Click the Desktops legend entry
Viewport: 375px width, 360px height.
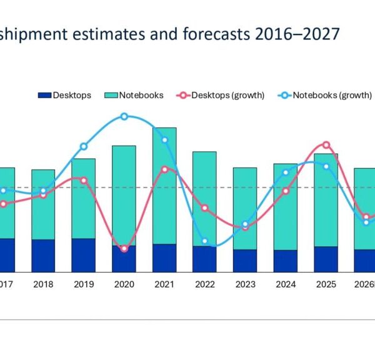65,95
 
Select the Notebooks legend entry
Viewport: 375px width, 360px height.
135,95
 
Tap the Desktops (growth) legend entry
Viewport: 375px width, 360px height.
222,95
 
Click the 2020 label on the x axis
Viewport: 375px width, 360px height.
124,284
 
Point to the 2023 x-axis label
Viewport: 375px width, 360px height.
245,284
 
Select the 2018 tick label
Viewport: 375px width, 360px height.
43,284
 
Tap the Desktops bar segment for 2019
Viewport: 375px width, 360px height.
84,255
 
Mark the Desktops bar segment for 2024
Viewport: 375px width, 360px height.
286,261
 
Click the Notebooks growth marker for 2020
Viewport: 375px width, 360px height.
124,116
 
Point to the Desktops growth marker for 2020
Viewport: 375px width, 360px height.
124,249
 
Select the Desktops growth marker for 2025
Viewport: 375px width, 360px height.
326,144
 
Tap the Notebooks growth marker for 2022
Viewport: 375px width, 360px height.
204,241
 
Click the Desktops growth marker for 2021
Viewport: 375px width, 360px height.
164,169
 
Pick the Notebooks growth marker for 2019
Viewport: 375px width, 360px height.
84,147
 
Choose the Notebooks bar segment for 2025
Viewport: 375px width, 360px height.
326,200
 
